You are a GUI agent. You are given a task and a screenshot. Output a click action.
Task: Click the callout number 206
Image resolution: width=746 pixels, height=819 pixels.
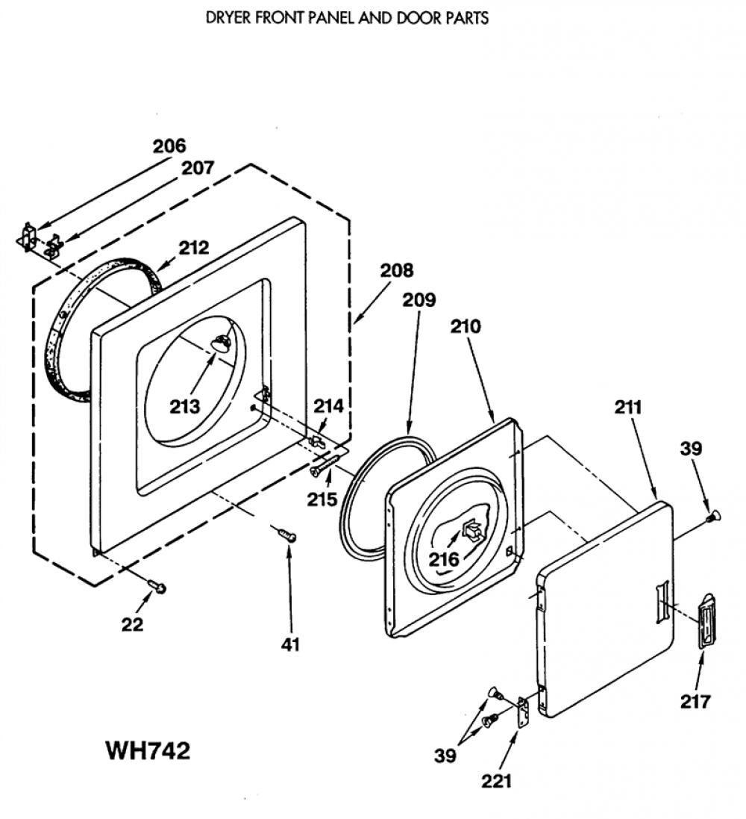[x=169, y=146]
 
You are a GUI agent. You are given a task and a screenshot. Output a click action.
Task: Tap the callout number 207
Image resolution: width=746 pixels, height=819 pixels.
[x=198, y=168]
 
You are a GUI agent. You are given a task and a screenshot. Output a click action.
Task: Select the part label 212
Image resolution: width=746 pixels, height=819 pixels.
[x=194, y=248]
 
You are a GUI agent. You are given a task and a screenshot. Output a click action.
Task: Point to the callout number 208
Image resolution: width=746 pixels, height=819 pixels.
[x=396, y=270]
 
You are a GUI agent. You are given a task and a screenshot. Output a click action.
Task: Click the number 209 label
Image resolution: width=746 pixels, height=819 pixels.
[x=419, y=300]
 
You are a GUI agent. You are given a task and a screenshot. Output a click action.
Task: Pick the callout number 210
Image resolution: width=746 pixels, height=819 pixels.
[x=466, y=327]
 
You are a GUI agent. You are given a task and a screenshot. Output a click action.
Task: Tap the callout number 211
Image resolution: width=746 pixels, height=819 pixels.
[x=627, y=407]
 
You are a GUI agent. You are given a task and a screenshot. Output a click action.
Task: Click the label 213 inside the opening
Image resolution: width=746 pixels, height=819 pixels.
[x=185, y=406]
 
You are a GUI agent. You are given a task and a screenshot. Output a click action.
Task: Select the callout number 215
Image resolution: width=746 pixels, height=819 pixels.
[x=322, y=499]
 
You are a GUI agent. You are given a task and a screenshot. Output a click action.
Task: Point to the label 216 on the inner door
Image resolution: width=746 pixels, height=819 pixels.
[x=444, y=560]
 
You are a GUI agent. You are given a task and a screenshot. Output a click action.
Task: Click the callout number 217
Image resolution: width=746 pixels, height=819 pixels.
[x=695, y=702]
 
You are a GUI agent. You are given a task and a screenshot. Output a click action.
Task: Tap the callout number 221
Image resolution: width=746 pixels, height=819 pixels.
[x=497, y=782]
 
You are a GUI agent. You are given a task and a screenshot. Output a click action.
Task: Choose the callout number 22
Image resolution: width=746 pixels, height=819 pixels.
[x=132, y=624]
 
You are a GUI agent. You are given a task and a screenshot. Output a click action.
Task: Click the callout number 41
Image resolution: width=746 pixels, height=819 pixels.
[x=290, y=644]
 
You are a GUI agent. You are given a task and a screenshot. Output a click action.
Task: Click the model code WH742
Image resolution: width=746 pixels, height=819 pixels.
[x=148, y=751]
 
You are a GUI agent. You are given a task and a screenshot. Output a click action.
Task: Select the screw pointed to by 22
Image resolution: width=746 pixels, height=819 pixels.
[x=157, y=585]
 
